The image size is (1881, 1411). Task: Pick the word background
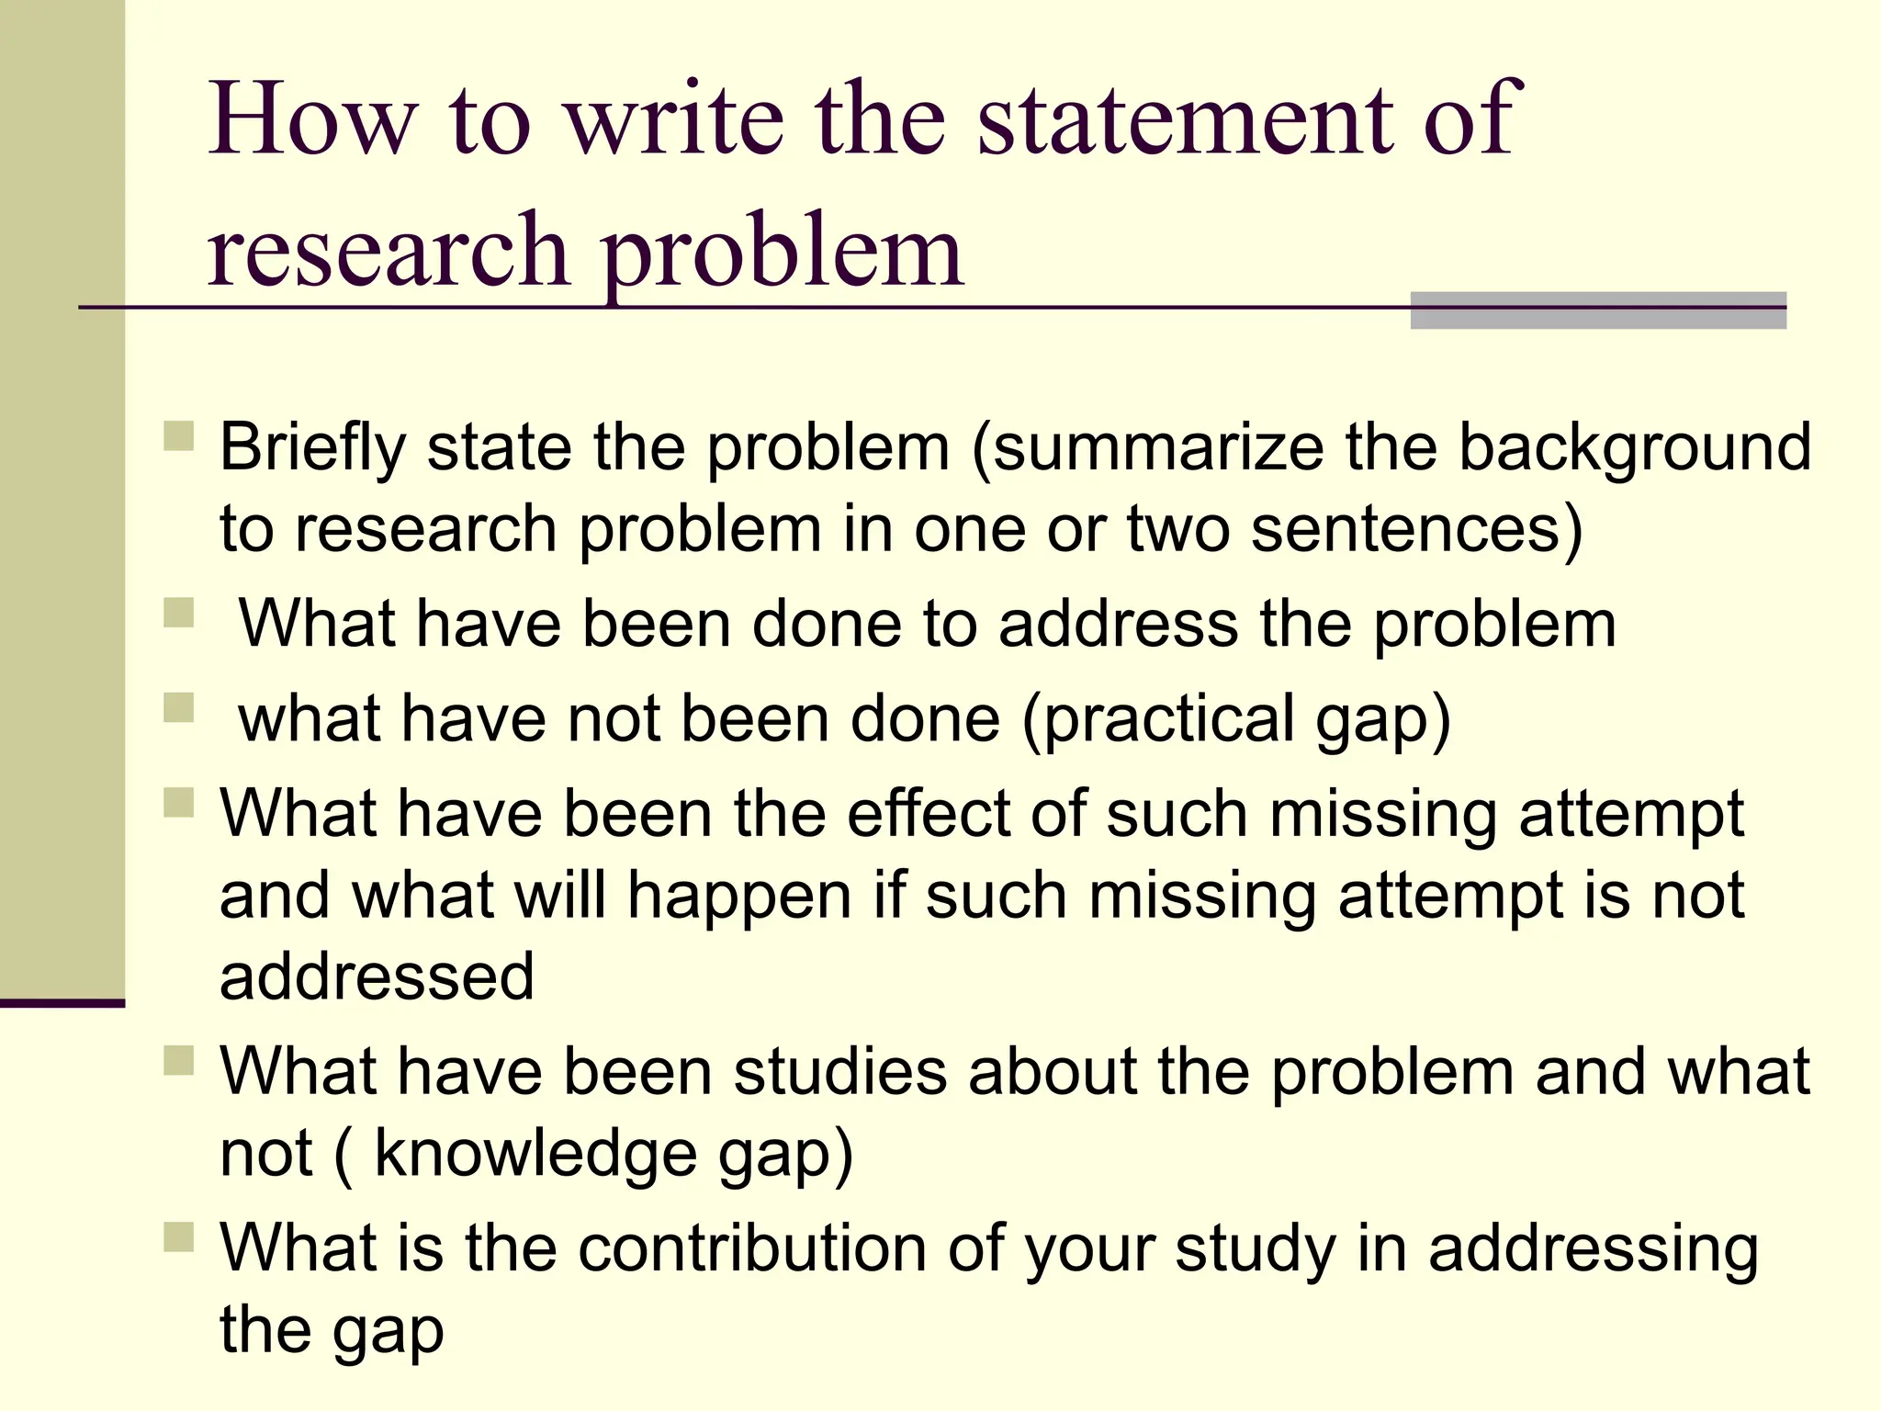[1635, 448]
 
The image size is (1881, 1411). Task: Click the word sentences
[1415, 530]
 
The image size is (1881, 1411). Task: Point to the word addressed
[377, 976]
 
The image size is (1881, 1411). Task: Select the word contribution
[752, 1248]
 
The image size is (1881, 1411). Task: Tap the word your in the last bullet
[1088, 1250]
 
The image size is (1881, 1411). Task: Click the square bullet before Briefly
[179, 435]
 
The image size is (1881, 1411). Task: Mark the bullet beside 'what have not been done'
[179, 707]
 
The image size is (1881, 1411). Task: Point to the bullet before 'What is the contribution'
[179, 1236]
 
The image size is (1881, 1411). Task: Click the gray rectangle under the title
[1597, 310]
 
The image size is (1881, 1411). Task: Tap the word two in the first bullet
[1178, 530]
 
